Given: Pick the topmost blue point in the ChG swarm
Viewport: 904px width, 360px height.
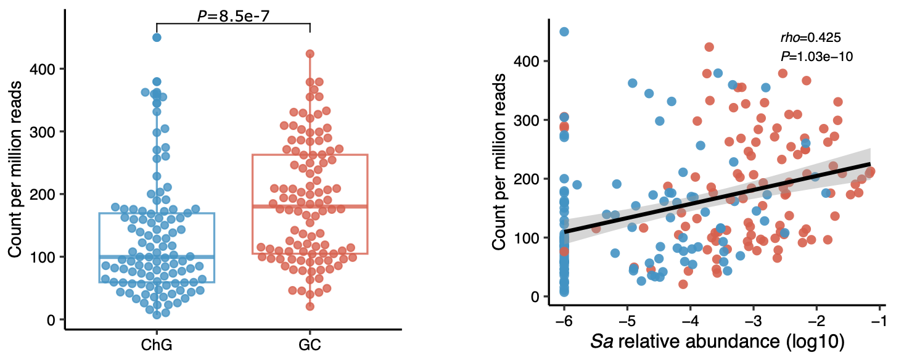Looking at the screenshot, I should point(157,38).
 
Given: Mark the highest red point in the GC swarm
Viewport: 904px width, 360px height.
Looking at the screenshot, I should point(310,54).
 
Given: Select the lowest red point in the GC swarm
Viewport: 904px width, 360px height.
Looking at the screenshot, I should point(310,306).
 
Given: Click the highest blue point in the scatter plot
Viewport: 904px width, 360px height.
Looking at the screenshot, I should point(564,31).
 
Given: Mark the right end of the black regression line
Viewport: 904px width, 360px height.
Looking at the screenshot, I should point(870,163).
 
